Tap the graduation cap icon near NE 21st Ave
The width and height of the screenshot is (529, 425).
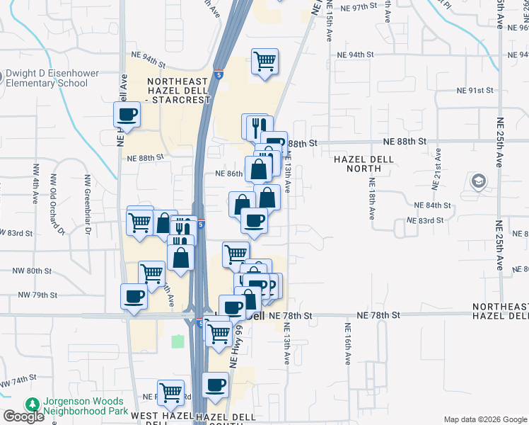(x=479, y=181)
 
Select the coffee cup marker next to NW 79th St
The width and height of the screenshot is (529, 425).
(x=133, y=296)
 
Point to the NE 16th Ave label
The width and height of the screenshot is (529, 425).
(x=347, y=344)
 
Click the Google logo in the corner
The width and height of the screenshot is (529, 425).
(x=23, y=416)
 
